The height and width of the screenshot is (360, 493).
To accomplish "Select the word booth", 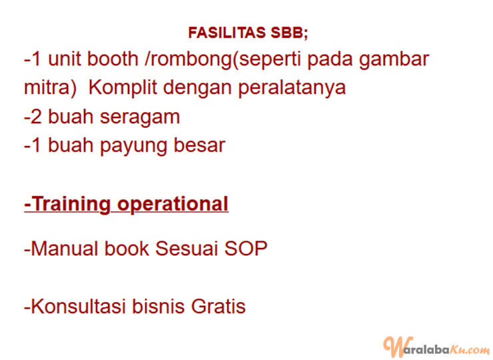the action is [x=112, y=59].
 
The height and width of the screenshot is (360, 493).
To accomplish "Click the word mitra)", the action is [x=51, y=87].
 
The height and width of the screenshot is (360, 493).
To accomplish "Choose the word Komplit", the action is [x=123, y=88].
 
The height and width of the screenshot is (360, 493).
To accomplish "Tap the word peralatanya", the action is [x=291, y=88].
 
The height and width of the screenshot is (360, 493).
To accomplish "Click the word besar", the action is [x=199, y=145].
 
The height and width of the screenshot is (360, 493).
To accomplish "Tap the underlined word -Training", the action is [x=67, y=205].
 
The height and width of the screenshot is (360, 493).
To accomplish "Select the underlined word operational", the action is [x=173, y=205].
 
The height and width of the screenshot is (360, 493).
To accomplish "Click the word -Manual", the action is [x=61, y=249].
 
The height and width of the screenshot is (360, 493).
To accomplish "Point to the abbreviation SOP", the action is [x=245, y=249].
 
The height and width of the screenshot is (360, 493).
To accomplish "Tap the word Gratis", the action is [x=218, y=306].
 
